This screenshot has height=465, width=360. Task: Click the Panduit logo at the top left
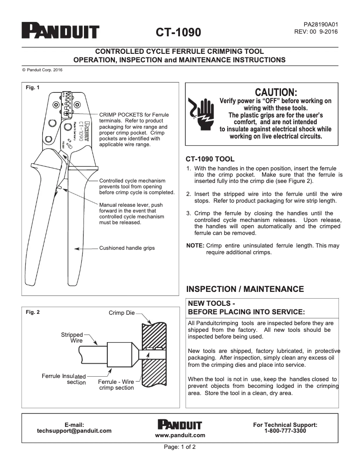coord(61,31)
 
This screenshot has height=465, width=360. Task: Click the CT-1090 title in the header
coord(178,33)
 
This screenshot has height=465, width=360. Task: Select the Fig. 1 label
coord(33,87)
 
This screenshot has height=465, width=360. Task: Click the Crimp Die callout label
coord(121,313)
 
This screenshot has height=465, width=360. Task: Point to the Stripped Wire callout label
coord(72,338)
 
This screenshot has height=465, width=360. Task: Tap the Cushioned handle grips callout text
coord(127,248)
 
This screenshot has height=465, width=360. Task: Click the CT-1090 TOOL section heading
coord(210,159)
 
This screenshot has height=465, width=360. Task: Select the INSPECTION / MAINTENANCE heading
coord(245,289)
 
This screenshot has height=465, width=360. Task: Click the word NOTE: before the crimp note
coord(195,246)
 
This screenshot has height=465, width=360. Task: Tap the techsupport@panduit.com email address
coord(74,430)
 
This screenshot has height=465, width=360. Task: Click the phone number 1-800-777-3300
coord(285,430)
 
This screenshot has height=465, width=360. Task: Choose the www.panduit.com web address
coord(180,435)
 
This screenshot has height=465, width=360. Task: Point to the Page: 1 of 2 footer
coord(180,447)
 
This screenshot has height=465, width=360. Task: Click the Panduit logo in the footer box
coord(180,424)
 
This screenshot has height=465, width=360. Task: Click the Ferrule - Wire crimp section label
coord(116,385)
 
